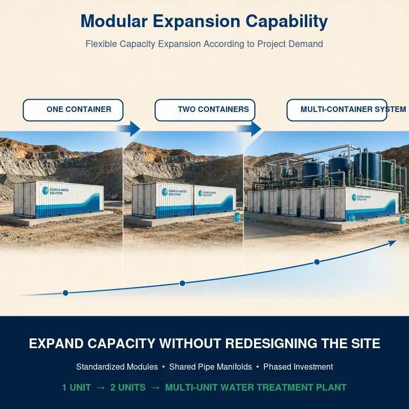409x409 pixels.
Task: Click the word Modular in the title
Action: coord(114,21)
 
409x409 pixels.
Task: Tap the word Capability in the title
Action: coord(286,21)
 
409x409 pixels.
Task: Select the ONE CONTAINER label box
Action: coord(73,110)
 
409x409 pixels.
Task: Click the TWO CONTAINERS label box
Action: coord(205,110)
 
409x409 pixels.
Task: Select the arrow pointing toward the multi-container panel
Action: coord(249,129)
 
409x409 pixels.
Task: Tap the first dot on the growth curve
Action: coord(65,293)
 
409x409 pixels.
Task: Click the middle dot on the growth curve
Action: coord(183,283)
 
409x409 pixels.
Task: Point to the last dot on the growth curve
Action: coord(316,262)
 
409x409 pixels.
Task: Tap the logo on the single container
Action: coord(46,190)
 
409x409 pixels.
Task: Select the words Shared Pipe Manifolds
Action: coord(211,367)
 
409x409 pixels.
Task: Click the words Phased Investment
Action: coord(298,367)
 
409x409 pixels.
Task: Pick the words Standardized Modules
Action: coord(117,367)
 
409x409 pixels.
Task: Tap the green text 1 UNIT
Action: coord(76,388)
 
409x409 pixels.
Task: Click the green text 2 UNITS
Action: coord(128,388)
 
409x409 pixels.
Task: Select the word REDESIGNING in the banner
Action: coord(271,343)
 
